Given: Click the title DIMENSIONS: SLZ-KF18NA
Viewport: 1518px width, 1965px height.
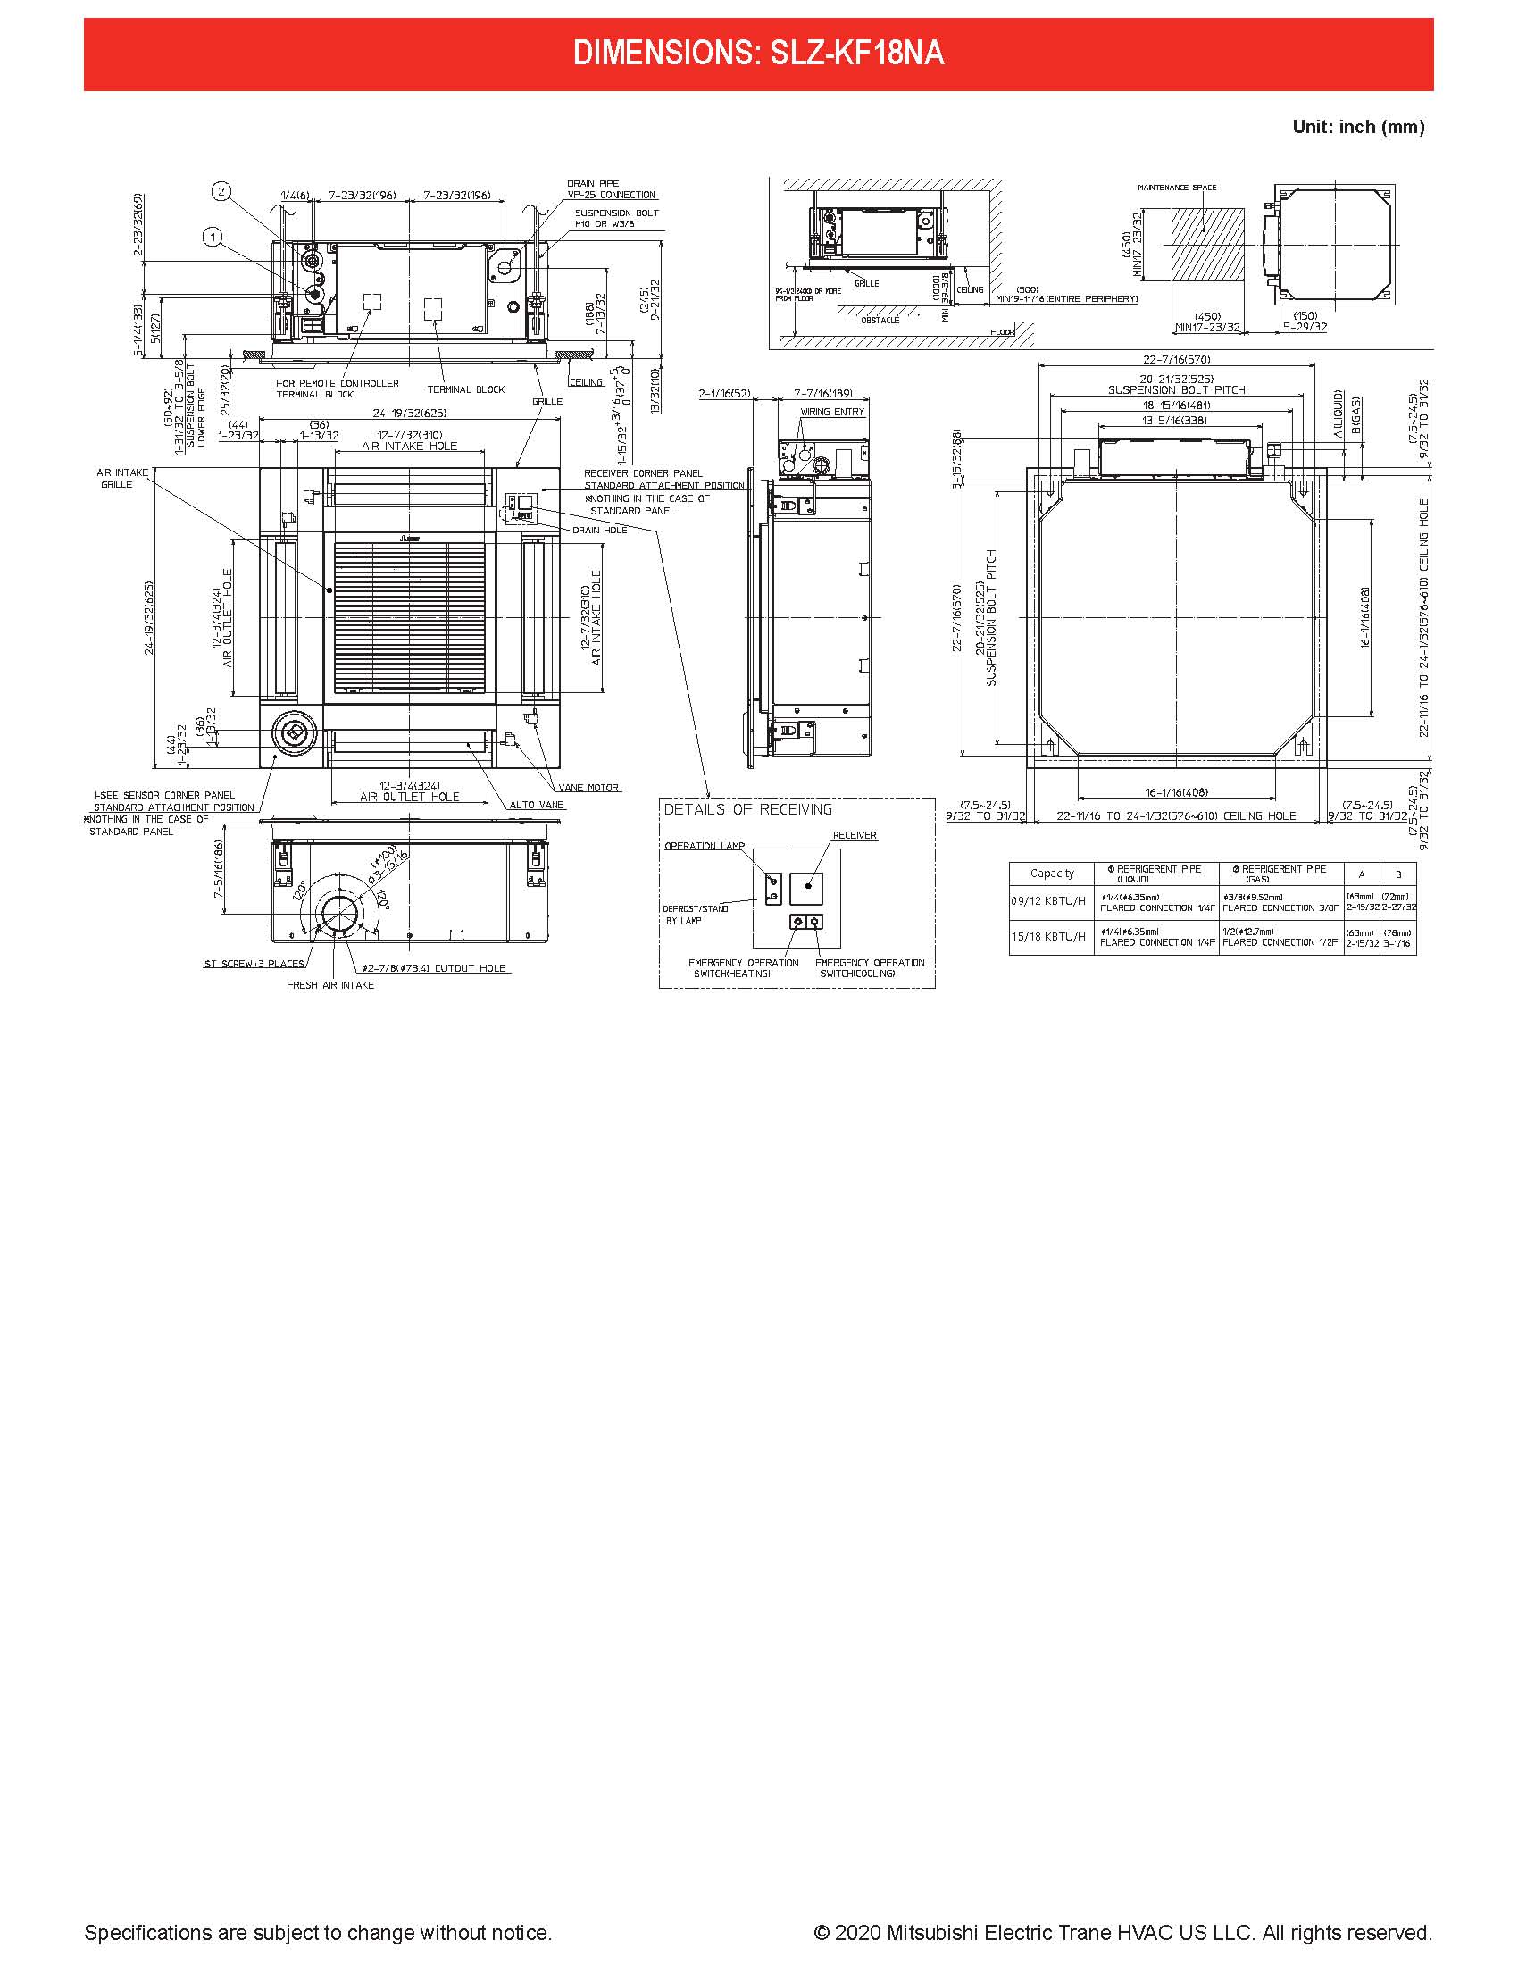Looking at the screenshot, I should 758,54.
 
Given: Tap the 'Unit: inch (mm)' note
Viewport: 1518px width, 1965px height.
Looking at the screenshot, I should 1358,127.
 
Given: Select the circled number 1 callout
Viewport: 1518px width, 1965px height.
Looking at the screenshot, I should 213,238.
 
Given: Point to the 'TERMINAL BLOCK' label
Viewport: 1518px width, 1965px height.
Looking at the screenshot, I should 466,389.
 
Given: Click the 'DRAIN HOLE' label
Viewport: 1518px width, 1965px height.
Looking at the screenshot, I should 600,530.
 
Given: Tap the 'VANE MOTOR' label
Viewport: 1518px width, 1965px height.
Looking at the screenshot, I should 588,787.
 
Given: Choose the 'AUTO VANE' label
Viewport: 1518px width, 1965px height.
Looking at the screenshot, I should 537,805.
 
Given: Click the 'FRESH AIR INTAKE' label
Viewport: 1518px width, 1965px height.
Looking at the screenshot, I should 330,985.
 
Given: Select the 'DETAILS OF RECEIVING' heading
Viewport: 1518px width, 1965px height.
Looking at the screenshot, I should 748,810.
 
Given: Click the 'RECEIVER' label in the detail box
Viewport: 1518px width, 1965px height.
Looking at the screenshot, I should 855,835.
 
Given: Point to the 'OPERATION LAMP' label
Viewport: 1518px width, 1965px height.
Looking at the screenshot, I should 705,846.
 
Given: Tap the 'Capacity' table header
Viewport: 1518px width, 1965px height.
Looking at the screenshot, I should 1051,873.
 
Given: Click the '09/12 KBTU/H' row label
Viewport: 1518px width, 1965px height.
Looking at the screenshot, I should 1048,901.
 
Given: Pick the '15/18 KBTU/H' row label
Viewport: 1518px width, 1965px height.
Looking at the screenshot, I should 1048,937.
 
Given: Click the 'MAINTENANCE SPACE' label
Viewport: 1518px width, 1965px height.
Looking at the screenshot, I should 1176,188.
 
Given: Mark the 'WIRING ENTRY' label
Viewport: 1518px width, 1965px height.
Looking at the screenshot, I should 832,411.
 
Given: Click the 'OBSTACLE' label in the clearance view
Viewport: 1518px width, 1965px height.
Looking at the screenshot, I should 880,320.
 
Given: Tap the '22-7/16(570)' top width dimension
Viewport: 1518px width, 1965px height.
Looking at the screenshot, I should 1176,359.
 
